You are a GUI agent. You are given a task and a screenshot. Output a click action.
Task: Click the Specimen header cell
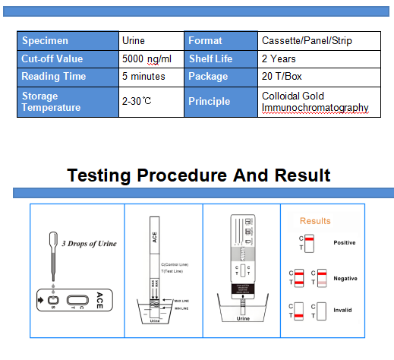point(68,41)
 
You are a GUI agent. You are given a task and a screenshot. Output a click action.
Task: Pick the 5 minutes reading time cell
point(143,77)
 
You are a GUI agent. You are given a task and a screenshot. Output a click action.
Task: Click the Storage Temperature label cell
point(68,102)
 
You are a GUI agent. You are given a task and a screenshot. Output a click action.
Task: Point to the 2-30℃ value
point(137,101)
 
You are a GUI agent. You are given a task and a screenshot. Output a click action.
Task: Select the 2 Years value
point(279,58)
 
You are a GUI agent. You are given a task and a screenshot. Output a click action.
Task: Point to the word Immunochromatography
point(314,108)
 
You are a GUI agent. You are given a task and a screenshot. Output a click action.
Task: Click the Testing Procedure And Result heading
point(199,175)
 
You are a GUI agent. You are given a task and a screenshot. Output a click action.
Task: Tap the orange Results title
point(315,221)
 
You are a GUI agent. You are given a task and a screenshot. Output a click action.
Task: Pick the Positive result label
point(345,243)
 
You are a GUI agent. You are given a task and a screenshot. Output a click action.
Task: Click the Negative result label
point(345,278)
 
